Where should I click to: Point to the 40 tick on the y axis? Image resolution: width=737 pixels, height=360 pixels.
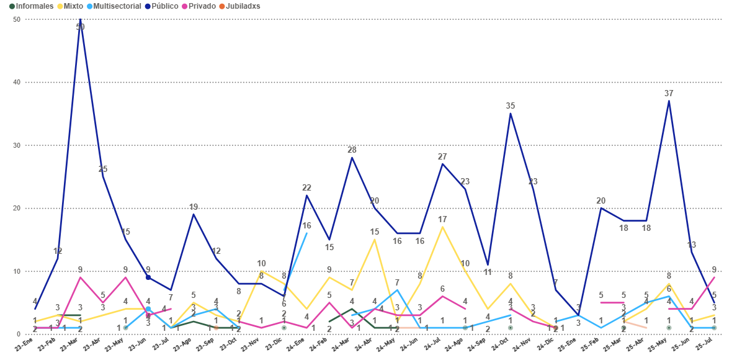(16, 83)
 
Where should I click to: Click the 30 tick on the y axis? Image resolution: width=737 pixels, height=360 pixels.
(16, 145)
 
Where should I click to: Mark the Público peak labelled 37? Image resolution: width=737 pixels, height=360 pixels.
(669, 101)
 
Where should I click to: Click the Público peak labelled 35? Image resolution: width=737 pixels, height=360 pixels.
(511, 114)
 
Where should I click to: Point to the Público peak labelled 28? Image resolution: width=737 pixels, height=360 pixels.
(352, 158)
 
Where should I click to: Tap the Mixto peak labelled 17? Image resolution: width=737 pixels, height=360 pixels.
(442, 227)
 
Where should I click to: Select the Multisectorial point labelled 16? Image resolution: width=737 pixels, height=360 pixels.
(306, 233)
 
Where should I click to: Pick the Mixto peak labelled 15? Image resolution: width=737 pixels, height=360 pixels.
(375, 240)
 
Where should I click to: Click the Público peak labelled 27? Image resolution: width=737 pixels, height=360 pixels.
(442, 164)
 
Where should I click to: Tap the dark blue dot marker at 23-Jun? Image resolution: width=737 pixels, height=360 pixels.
(148, 277)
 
